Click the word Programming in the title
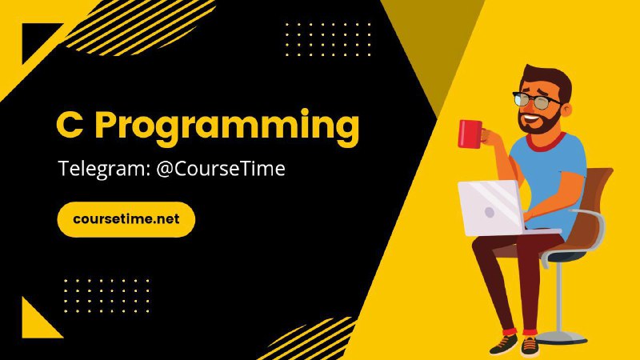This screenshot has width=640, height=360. coord(227,127)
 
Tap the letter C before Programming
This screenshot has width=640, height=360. coord(70,125)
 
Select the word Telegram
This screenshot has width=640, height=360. coord(104,169)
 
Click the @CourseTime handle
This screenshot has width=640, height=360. coord(221,168)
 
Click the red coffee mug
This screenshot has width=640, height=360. coord(470,134)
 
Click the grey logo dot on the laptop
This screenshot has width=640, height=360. coord(490,212)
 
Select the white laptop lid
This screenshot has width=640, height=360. coord(490,208)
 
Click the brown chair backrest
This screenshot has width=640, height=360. coord(594,204)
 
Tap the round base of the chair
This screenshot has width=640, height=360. coord(562,338)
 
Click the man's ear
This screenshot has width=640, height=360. coord(566,110)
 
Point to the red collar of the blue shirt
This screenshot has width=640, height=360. coord(546,142)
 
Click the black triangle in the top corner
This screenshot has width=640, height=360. coord(37,38)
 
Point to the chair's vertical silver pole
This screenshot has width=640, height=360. coord(559,297)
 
